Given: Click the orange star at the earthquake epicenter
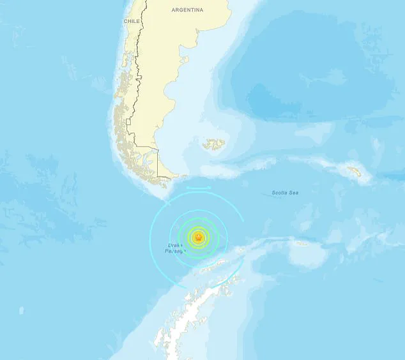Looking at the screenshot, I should point(198,238).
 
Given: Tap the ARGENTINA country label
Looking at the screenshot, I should point(188,10).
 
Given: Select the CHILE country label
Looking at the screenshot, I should point(132,21).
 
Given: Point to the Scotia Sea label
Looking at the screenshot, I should point(285,192).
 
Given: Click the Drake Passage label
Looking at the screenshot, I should point(176,248).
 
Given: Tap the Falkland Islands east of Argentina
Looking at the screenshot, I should point(215,145).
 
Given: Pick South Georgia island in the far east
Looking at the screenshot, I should point(354,171).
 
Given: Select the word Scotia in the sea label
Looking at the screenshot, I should point(280,192).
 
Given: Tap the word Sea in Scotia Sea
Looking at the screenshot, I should point(294,192).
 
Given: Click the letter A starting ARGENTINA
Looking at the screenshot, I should point(174,10).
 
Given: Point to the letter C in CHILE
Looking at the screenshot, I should point(125,21).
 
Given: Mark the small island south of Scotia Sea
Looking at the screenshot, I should point(302,243).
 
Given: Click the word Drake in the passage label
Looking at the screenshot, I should point(176,244).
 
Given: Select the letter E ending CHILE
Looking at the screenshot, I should point(138,21).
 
